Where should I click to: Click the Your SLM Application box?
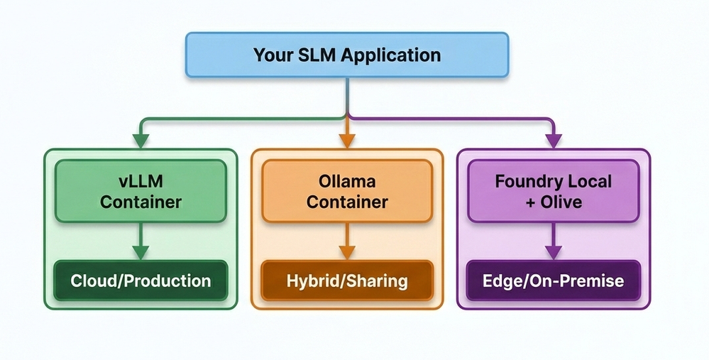[347, 55]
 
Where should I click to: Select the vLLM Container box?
[141, 192]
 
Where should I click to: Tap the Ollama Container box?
[347, 192]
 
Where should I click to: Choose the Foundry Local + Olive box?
[553, 192]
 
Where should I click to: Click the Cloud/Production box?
[141, 280]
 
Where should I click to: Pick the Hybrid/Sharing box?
[347, 280]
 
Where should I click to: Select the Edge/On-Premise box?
[553, 280]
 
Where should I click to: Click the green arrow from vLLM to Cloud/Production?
[141, 241]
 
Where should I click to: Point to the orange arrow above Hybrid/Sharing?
[347, 241]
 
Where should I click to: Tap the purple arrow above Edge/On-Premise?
[553, 241]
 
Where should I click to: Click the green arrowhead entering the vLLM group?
[141, 140]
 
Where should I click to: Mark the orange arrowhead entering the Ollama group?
[347, 140]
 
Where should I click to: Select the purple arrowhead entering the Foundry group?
[553, 140]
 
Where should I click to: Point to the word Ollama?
[347, 182]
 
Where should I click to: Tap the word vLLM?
[141, 182]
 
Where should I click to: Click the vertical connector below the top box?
[347, 96]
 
